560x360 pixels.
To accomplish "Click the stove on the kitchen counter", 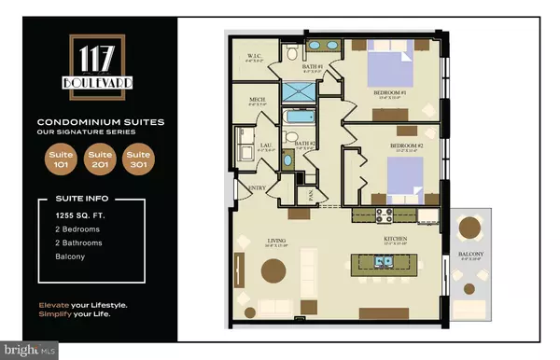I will (383, 215).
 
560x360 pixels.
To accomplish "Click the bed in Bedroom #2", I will (403, 174).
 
